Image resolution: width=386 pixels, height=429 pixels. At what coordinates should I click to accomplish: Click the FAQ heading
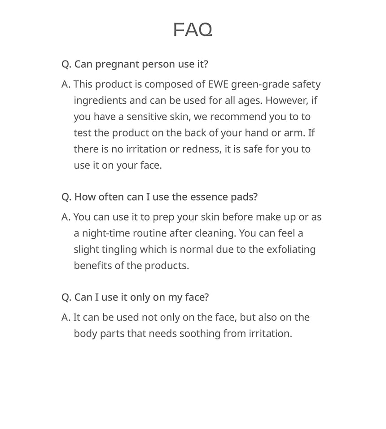[x=193, y=30]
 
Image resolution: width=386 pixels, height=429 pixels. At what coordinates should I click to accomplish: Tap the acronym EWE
[x=219, y=84]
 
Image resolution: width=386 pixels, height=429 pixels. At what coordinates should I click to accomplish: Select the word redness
[x=201, y=149]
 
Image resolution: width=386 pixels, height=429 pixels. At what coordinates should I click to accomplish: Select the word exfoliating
[x=291, y=250]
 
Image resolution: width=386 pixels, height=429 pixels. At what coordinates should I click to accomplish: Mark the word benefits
[x=93, y=266]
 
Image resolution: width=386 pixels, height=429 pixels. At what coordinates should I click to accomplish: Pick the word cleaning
[x=217, y=233]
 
